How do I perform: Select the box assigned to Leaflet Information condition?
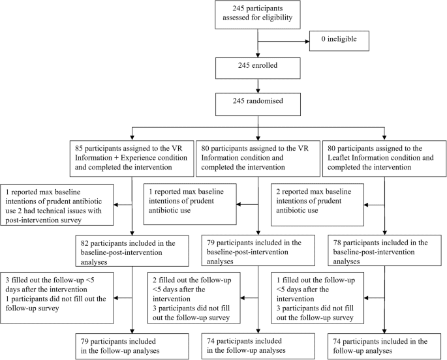(x=385, y=156)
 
